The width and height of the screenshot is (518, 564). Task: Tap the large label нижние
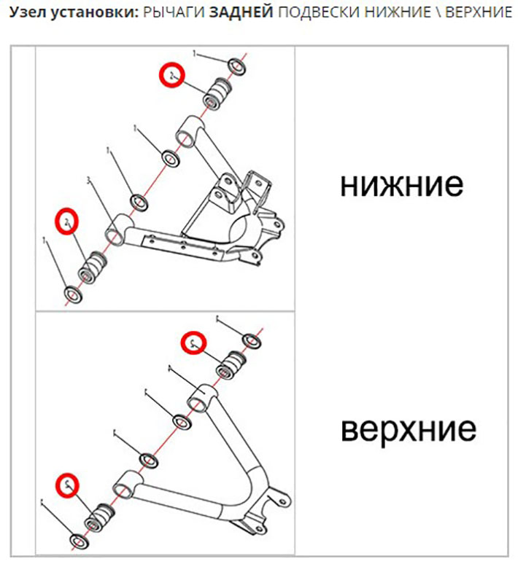point(401,185)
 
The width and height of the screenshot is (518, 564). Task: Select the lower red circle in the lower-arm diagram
point(67,222)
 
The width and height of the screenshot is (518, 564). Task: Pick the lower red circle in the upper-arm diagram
point(68,484)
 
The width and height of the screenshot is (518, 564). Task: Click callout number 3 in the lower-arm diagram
point(88,180)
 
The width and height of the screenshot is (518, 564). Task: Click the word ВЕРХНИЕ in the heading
point(478,15)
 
